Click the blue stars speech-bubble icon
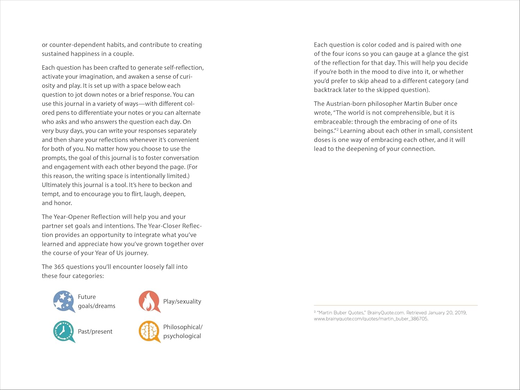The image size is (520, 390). [x=64, y=301]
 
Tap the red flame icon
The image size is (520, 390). [x=149, y=301]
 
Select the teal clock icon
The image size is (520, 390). [x=64, y=331]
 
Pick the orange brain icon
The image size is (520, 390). [x=149, y=331]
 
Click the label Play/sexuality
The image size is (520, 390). [x=182, y=301]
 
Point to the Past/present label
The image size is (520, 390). [x=95, y=331]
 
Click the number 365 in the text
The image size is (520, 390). [x=59, y=267]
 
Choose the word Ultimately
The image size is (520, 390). [x=56, y=185]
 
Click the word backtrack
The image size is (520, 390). [x=328, y=90]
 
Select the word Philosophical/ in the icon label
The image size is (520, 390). [x=183, y=327]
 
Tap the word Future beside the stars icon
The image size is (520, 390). [x=87, y=297]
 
